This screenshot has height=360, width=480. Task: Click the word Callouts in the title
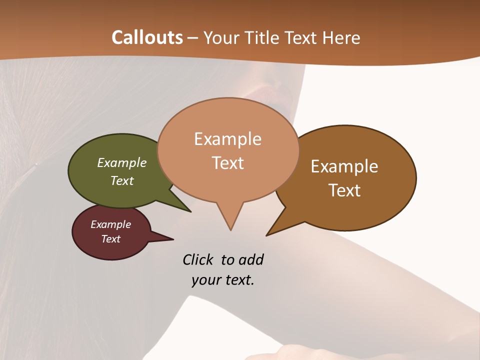[x=147, y=37]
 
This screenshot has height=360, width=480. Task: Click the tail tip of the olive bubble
[x=190, y=211]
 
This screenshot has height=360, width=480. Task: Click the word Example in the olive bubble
[x=122, y=162]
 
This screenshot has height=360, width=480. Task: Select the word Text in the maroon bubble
[x=111, y=239]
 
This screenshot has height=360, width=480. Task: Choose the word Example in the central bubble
[x=227, y=138]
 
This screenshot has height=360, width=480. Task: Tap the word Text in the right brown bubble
[x=345, y=190]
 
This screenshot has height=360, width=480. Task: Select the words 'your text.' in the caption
[x=223, y=280]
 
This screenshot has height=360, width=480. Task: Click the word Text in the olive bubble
[x=122, y=180]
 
